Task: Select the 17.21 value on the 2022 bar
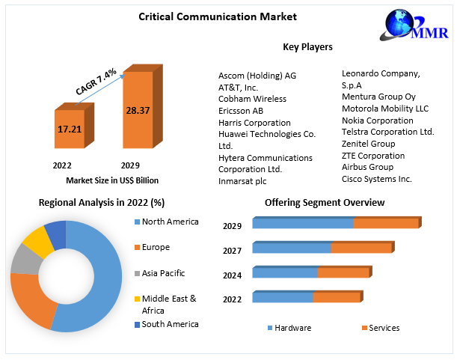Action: pyautogui.click(x=69, y=129)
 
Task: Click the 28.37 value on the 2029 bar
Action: pyautogui.click(x=137, y=110)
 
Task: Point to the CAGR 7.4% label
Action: pyautogui.click(x=96, y=81)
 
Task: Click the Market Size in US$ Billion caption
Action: pyautogui.click(x=112, y=180)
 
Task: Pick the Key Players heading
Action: pyautogui.click(x=307, y=47)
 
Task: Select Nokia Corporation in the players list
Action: pyautogui.click(x=377, y=120)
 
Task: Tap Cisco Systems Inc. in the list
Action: pyautogui.click(x=377, y=179)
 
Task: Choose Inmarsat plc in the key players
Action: pyautogui.click(x=242, y=181)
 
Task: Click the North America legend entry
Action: pyautogui.click(x=170, y=222)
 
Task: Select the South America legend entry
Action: pyautogui.click(x=170, y=324)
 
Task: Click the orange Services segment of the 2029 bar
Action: pyautogui.click(x=385, y=223)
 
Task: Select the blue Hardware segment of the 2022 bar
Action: pyautogui.click(x=282, y=297)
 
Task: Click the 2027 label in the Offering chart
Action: pyautogui.click(x=232, y=251)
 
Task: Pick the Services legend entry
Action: pyautogui.click(x=384, y=328)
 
